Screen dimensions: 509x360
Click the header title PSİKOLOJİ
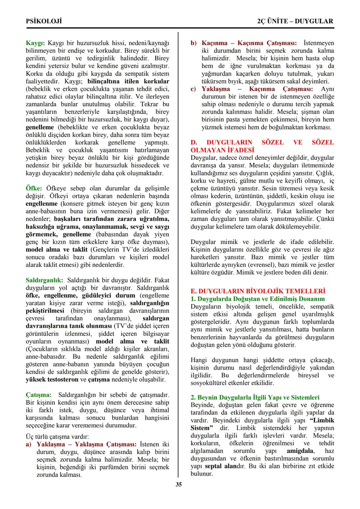44,21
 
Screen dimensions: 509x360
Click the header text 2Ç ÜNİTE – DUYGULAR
295,21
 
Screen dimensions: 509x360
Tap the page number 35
179,484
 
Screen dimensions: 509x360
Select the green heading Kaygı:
35,43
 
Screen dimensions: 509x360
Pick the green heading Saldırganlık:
45,280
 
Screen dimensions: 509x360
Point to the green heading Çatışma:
39,395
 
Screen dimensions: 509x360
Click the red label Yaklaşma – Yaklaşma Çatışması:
86,444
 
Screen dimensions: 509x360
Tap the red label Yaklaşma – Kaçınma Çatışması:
257,89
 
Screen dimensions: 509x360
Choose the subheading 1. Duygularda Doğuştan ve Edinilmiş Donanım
258,299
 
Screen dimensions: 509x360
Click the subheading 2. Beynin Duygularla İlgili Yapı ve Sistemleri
255,397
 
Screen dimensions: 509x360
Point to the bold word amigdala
300,451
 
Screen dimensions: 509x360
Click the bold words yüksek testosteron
52,379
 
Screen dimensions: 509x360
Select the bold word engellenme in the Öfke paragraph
42,204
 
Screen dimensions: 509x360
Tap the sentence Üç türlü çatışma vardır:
57,437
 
